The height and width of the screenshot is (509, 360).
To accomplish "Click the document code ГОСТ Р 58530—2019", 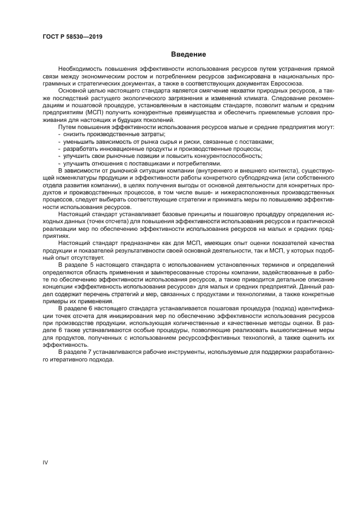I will (x=72, y=37).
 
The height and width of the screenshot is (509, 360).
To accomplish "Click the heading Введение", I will (x=188, y=54).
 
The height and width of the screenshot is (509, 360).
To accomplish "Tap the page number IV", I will (x=46, y=462).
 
